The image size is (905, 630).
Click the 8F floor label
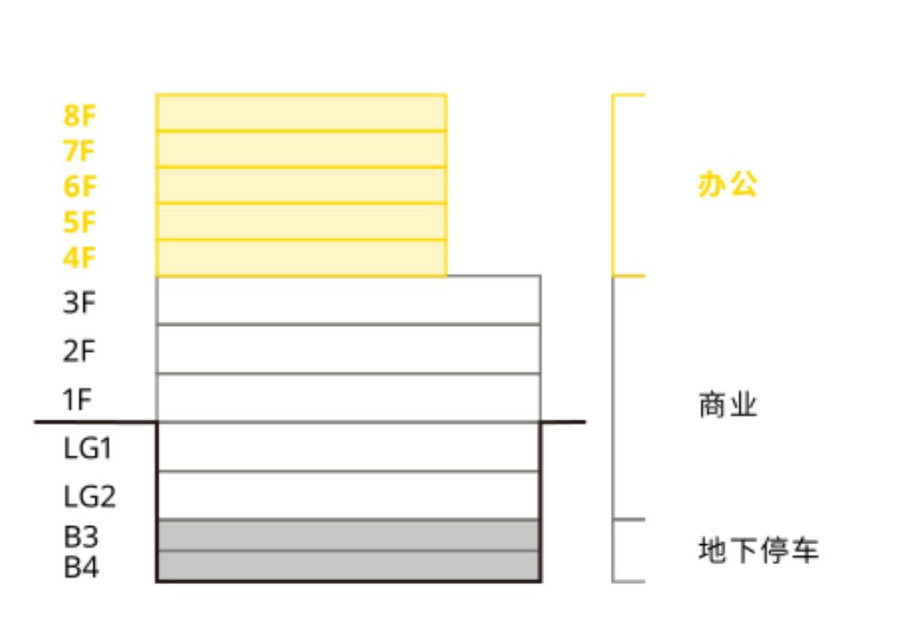[79, 116]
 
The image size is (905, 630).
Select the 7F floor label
[79, 151]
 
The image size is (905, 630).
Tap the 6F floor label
[79, 186]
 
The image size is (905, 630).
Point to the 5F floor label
[79, 223]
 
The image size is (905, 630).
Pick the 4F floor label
[79, 258]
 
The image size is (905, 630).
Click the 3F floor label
[79, 302]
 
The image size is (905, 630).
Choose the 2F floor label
[79, 350]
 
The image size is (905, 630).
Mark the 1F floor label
[77, 399]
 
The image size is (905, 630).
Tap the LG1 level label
[87, 448]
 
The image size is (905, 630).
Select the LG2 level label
[90, 497]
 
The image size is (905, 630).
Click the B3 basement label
[81, 537]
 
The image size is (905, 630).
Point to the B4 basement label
[81, 567]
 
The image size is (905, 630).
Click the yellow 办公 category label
[728, 185]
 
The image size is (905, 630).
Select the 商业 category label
[728, 405]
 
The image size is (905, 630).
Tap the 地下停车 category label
[758, 549]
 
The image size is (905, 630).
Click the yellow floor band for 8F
[301, 113]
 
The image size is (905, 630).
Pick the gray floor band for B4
[348, 566]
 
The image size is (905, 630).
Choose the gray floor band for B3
[348, 536]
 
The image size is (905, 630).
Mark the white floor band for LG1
[348, 447]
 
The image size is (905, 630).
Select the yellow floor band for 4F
[301, 258]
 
